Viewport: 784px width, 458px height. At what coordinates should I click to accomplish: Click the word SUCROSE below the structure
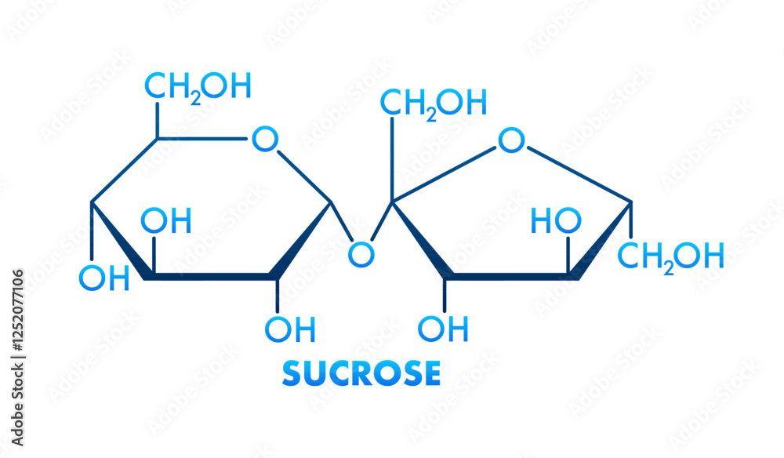[361, 373]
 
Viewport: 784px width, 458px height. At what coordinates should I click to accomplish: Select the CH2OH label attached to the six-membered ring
[198, 86]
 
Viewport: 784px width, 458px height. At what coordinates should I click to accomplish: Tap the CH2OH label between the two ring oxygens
[434, 103]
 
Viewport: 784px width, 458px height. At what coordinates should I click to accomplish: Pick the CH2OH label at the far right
[670, 255]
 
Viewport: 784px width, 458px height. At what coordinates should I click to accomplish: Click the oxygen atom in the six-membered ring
[265, 140]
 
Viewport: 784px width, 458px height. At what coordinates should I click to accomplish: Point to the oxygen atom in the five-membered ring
[511, 141]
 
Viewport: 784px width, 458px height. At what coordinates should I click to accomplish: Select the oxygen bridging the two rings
[361, 253]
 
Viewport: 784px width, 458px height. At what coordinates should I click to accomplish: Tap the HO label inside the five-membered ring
[556, 221]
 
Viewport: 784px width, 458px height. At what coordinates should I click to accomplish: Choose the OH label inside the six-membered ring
[166, 221]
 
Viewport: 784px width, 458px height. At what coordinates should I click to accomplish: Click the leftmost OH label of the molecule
[104, 278]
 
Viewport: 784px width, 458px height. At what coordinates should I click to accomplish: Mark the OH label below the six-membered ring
[290, 329]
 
